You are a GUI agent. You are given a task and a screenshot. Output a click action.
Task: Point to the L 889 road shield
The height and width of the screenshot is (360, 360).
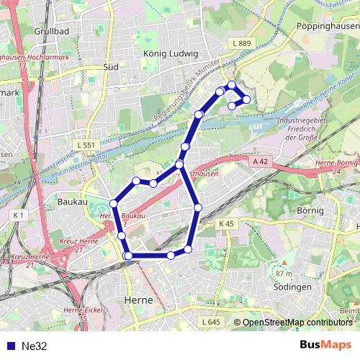point(243,44)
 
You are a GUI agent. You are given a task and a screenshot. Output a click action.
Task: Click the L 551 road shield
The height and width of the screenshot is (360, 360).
point(85,145)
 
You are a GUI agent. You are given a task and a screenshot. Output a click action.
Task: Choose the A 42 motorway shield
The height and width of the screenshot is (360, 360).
point(261,163)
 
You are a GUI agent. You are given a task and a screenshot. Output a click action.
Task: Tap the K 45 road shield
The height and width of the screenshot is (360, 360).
point(227,225)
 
